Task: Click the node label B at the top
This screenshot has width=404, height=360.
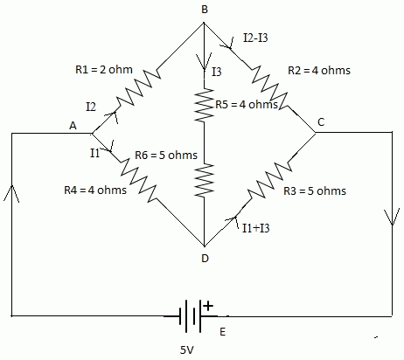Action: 205,10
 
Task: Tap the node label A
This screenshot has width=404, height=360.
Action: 73,126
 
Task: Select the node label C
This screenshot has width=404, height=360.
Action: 321,122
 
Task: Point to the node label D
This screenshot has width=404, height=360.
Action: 205,258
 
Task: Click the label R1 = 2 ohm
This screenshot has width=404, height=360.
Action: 104,70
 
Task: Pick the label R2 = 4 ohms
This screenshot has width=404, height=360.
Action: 319,70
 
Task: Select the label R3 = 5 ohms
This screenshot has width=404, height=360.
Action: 315,191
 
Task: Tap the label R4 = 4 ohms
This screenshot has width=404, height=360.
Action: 95,190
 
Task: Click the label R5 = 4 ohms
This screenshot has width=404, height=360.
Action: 247,104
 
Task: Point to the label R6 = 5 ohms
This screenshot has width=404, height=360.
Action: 166,155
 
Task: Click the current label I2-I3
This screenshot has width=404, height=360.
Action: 255,38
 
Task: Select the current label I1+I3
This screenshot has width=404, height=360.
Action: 256,228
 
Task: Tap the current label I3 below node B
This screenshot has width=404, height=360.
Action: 217,72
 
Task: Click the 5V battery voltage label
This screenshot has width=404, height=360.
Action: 186,350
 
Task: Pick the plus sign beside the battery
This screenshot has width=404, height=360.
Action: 208,306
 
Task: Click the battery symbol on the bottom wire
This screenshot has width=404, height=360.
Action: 190,316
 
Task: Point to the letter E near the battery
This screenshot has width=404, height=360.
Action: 223,332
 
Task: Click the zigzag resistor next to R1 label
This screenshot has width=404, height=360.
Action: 139,87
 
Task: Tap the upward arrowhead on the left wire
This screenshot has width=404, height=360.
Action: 11,193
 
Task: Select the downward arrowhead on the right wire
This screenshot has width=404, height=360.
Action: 392,217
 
